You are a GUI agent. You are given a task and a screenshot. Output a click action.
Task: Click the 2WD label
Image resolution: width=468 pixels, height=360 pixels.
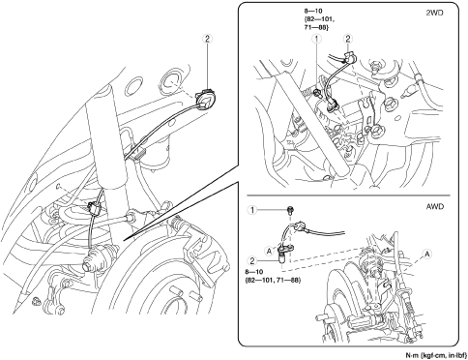pyautogui.click(x=434, y=13)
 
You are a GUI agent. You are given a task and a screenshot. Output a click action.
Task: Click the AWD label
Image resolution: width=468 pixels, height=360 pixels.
pyautogui.click(x=434, y=206)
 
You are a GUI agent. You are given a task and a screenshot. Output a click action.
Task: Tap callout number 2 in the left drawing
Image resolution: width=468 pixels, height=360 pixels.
pyautogui.click(x=207, y=39)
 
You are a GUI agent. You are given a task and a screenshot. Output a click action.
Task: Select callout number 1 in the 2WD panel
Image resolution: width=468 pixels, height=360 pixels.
pyautogui.click(x=317, y=39)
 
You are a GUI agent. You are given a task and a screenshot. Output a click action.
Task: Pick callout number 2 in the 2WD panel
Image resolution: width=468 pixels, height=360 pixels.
pyautogui.click(x=348, y=39)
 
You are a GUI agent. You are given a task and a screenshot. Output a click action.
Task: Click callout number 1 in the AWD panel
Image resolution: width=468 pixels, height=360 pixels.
pyautogui.click(x=252, y=210)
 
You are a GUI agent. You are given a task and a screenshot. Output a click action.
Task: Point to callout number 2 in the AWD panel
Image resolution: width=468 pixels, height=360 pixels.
pyautogui.click(x=252, y=260)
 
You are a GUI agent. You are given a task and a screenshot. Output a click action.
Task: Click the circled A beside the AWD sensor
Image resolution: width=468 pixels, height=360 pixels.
pyautogui.click(x=270, y=250)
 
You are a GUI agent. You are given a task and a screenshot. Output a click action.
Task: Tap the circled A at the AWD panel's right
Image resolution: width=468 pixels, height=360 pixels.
pyautogui.click(x=427, y=255)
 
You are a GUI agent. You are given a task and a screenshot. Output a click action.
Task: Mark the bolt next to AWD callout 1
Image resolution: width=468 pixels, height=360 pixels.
pyautogui.click(x=289, y=211)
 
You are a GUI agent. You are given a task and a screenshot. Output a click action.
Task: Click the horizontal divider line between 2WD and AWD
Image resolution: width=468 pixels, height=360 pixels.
pyautogui.click(x=348, y=195)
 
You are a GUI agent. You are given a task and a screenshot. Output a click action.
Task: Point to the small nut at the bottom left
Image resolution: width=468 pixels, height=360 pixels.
pyautogui.click(x=36, y=301)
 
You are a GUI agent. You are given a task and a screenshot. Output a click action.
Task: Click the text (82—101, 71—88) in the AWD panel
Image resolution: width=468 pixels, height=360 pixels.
pyautogui.click(x=273, y=280)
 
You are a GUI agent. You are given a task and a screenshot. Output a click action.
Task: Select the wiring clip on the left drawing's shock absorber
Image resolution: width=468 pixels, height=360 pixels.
pyautogui.click(x=95, y=207)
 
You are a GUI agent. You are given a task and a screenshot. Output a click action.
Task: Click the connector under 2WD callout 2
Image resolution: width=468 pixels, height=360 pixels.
pyautogui.click(x=349, y=57)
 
